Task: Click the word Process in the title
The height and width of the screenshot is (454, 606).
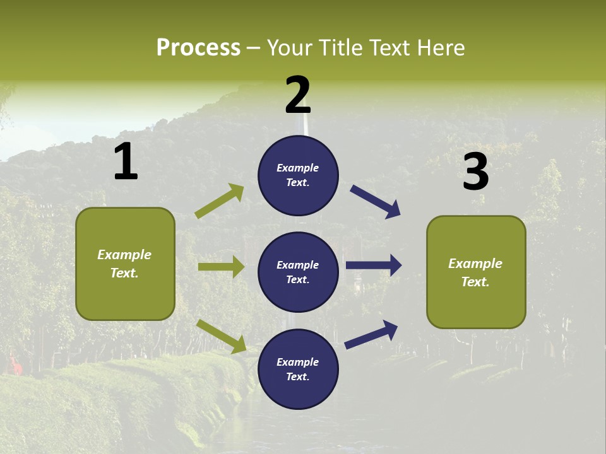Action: pyautogui.click(x=198, y=48)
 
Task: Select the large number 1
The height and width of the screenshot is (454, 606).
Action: pyautogui.click(x=126, y=163)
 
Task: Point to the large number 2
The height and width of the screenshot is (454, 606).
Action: pyautogui.click(x=298, y=96)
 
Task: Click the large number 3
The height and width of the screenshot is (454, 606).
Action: pyautogui.click(x=475, y=173)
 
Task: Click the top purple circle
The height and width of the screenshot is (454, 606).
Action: pyautogui.click(x=298, y=175)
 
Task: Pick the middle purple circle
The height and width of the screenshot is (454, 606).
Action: pyautogui.click(x=298, y=272)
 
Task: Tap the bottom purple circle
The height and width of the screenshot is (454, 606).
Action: pyautogui.click(x=298, y=369)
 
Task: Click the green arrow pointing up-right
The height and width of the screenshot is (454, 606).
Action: pyautogui.click(x=220, y=201)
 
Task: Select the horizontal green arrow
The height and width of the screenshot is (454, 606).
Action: pyautogui.click(x=221, y=267)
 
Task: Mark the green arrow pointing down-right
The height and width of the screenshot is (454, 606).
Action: pyautogui.click(x=221, y=336)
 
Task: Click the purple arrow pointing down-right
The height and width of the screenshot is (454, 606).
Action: pyautogui.click(x=375, y=202)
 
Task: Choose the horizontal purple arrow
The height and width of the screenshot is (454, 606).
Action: pyautogui.click(x=374, y=265)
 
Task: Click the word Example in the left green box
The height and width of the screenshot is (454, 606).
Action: pyautogui.click(x=124, y=255)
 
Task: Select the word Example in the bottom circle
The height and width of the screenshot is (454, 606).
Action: pyautogui.click(x=297, y=362)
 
